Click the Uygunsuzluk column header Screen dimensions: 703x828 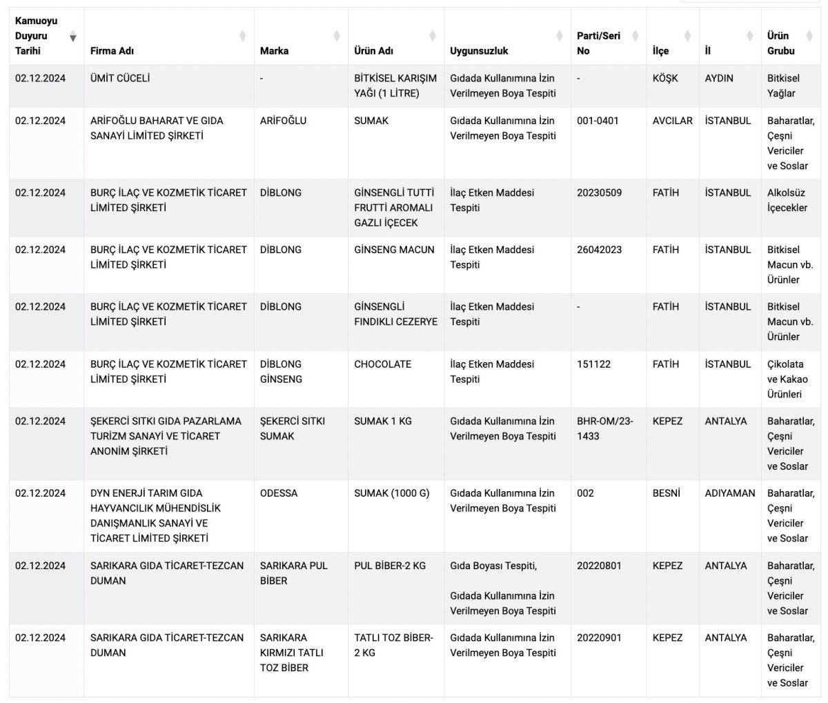(479, 50)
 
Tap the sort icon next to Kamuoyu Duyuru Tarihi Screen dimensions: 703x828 (73, 37)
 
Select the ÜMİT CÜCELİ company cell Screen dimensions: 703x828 (120, 78)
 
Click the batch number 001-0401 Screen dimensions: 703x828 (598, 121)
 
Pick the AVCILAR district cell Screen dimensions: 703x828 (672, 121)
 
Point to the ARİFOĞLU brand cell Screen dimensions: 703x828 (283, 121)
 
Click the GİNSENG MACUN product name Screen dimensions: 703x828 (394, 250)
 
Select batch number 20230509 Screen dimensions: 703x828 (599, 192)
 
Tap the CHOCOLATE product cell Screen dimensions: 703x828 (382, 364)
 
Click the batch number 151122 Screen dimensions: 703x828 (593, 364)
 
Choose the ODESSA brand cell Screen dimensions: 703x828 (279, 493)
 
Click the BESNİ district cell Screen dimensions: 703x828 (666, 493)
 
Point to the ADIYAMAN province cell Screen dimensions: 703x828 (730, 493)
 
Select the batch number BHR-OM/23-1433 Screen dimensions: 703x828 (604, 428)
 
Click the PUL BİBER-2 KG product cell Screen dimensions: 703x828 (390, 566)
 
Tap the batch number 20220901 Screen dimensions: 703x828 (599, 637)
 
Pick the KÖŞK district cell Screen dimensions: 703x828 (665, 78)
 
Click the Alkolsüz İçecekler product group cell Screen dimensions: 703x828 (787, 200)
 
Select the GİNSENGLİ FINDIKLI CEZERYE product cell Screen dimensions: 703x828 (395, 314)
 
